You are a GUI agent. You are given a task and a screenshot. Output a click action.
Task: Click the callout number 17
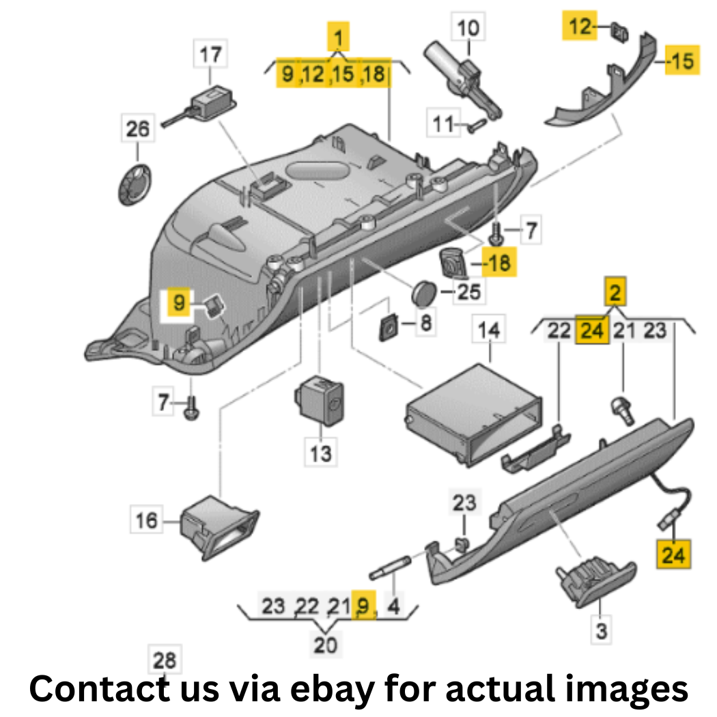210,55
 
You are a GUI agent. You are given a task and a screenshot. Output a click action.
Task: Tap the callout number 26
138,128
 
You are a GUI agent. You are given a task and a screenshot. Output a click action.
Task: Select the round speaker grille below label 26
135,184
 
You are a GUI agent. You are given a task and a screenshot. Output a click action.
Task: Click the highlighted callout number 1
339,37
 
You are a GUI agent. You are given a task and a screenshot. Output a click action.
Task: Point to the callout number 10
468,27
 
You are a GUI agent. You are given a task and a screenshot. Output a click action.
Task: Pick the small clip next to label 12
619,32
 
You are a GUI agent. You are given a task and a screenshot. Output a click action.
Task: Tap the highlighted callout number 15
682,60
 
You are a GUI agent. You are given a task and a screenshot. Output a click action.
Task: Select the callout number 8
425,323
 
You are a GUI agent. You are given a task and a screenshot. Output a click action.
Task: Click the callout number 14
489,329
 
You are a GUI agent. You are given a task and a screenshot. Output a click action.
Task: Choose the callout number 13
320,453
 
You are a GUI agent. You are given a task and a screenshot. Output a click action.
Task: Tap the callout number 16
146,520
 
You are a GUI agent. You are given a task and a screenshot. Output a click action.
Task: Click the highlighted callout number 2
615,292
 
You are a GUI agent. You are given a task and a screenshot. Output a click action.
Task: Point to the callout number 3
602,630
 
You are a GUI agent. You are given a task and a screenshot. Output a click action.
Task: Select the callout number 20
326,645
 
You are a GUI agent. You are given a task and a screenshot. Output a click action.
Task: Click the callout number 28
165,660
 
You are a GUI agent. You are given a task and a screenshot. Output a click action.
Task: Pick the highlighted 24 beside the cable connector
673,554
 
